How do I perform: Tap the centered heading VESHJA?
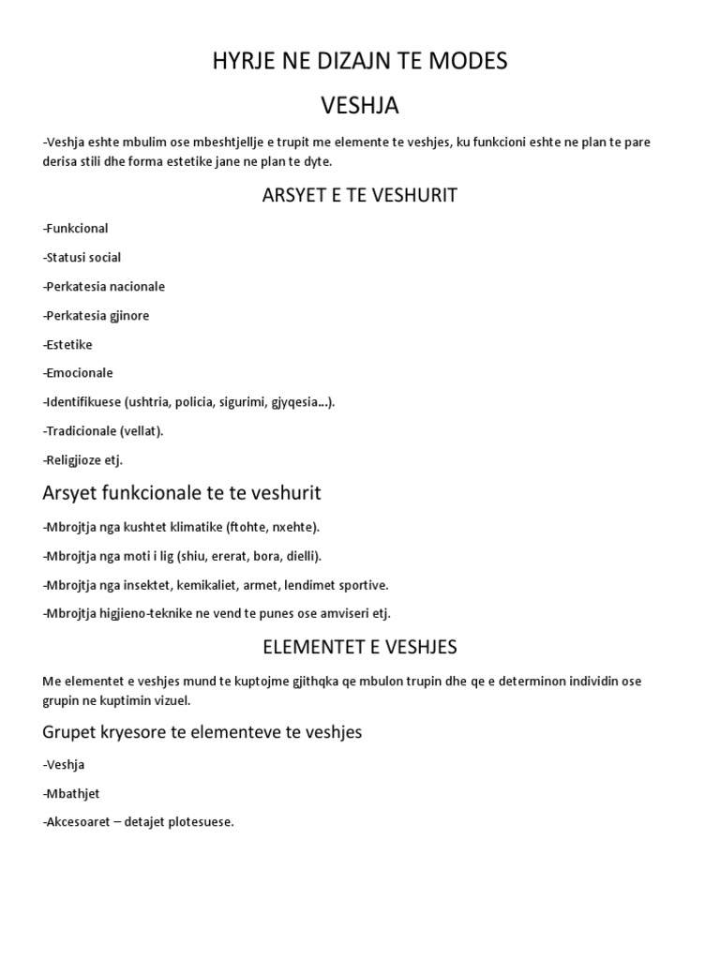360,106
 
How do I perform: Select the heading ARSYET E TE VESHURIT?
360,195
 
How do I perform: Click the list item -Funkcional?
76,228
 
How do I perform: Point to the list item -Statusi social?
82,257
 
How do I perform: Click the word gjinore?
126,315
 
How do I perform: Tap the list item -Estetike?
67,344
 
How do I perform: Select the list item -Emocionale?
78,372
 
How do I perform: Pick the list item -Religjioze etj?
82,459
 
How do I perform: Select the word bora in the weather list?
256,556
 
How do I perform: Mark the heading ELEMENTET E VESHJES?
360,647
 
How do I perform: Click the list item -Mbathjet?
71,793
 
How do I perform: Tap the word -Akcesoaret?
80,822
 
